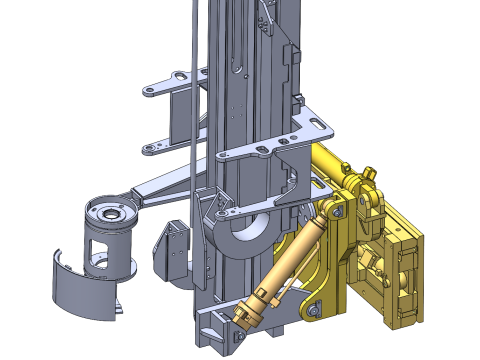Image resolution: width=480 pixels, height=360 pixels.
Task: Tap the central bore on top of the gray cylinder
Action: click(x=109, y=212)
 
